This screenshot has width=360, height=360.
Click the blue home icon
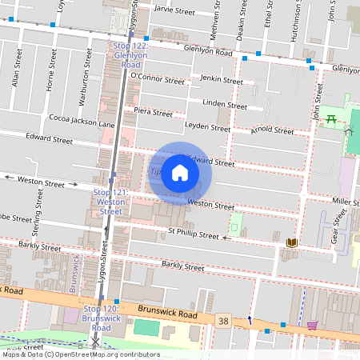(x=180, y=173)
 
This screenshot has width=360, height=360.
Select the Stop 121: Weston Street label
(x=110, y=202)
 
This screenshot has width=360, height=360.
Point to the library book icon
(x=291, y=242)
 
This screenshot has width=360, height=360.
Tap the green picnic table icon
(x=330, y=119)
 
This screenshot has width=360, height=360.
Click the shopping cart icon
(x=312, y=325)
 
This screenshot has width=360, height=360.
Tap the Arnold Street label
(x=272, y=128)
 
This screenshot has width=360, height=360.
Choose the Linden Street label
(x=225, y=105)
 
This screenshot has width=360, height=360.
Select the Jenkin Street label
(x=222, y=80)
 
